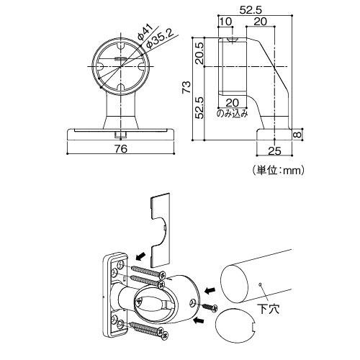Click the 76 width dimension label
point(121,149)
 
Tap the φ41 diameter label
point(145,32)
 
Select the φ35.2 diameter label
point(159,39)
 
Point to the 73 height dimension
point(186,87)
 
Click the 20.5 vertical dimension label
point(199,53)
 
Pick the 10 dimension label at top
point(225,22)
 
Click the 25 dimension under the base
point(274,151)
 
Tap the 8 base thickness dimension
point(297,135)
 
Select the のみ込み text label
point(232,113)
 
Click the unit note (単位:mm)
point(279,171)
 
